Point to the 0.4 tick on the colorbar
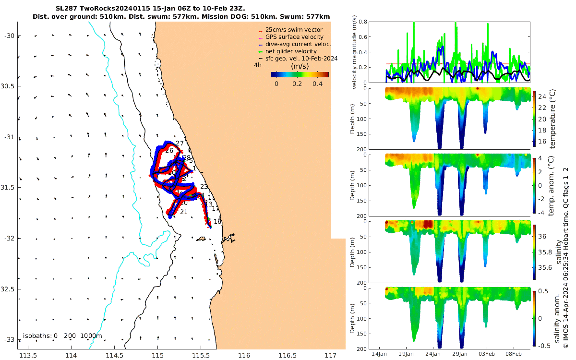click(317, 84)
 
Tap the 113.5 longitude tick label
click(28, 355)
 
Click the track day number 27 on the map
click(180, 144)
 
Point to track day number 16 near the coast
click(217, 222)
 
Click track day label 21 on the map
click(183, 212)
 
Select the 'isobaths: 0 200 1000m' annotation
click(62, 336)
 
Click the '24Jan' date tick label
click(433, 354)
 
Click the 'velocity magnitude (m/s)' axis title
click(355, 52)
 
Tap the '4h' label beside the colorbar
click(258, 65)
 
